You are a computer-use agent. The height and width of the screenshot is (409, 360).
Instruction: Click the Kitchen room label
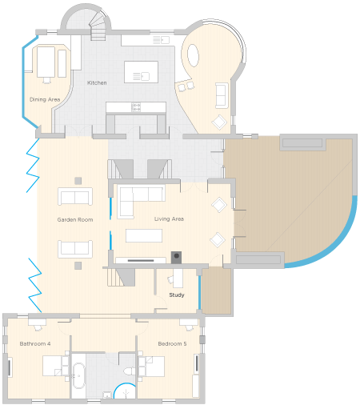[x=97, y=83]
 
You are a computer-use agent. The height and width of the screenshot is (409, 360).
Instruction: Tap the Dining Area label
[x=45, y=99]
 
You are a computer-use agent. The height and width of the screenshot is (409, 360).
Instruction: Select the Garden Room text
[x=75, y=220]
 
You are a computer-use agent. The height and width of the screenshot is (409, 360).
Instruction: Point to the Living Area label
[x=169, y=219]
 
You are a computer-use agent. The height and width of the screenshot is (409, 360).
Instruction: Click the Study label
[x=177, y=295]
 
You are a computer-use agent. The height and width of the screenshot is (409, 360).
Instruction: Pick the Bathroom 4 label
[x=35, y=343]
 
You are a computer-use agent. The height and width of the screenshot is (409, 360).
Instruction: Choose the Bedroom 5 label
[x=172, y=343]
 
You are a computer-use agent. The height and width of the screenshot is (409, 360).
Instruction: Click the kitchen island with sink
[x=141, y=72]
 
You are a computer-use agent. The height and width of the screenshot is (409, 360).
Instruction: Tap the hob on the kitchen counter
[x=136, y=107]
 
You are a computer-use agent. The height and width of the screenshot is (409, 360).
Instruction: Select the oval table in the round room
[x=193, y=55]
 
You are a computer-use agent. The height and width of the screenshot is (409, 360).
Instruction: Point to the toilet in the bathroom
[x=130, y=371]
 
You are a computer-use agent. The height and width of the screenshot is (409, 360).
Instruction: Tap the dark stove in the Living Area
[x=176, y=257]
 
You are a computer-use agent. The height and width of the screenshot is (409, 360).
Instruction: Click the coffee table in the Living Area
[x=144, y=235]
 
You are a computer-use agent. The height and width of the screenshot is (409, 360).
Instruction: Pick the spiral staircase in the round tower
[x=98, y=25]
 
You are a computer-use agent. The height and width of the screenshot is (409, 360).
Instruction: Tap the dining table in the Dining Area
[x=46, y=62]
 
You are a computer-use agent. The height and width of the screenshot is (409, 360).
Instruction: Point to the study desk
[x=178, y=278]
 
